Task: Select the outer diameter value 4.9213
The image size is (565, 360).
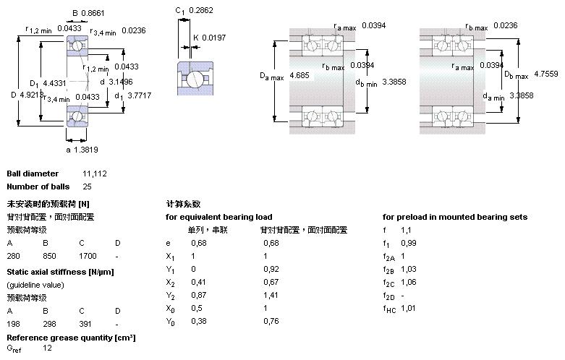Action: pos(32,94)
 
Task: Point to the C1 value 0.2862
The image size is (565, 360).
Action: pos(200,11)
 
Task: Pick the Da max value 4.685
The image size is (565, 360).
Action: pos(300,75)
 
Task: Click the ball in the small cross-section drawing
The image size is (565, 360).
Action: pos(193,79)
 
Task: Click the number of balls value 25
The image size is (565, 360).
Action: pos(88,187)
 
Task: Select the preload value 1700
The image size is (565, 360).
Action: pos(88,256)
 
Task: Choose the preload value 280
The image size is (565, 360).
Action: pos(13,256)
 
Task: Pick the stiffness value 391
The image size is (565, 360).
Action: pos(85,324)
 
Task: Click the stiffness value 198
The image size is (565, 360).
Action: pos(13,324)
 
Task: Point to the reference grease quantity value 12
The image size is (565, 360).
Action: pos(47,348)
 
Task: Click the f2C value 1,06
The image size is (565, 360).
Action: pos(409,283)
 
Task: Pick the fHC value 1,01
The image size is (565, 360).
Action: pos(409,309)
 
